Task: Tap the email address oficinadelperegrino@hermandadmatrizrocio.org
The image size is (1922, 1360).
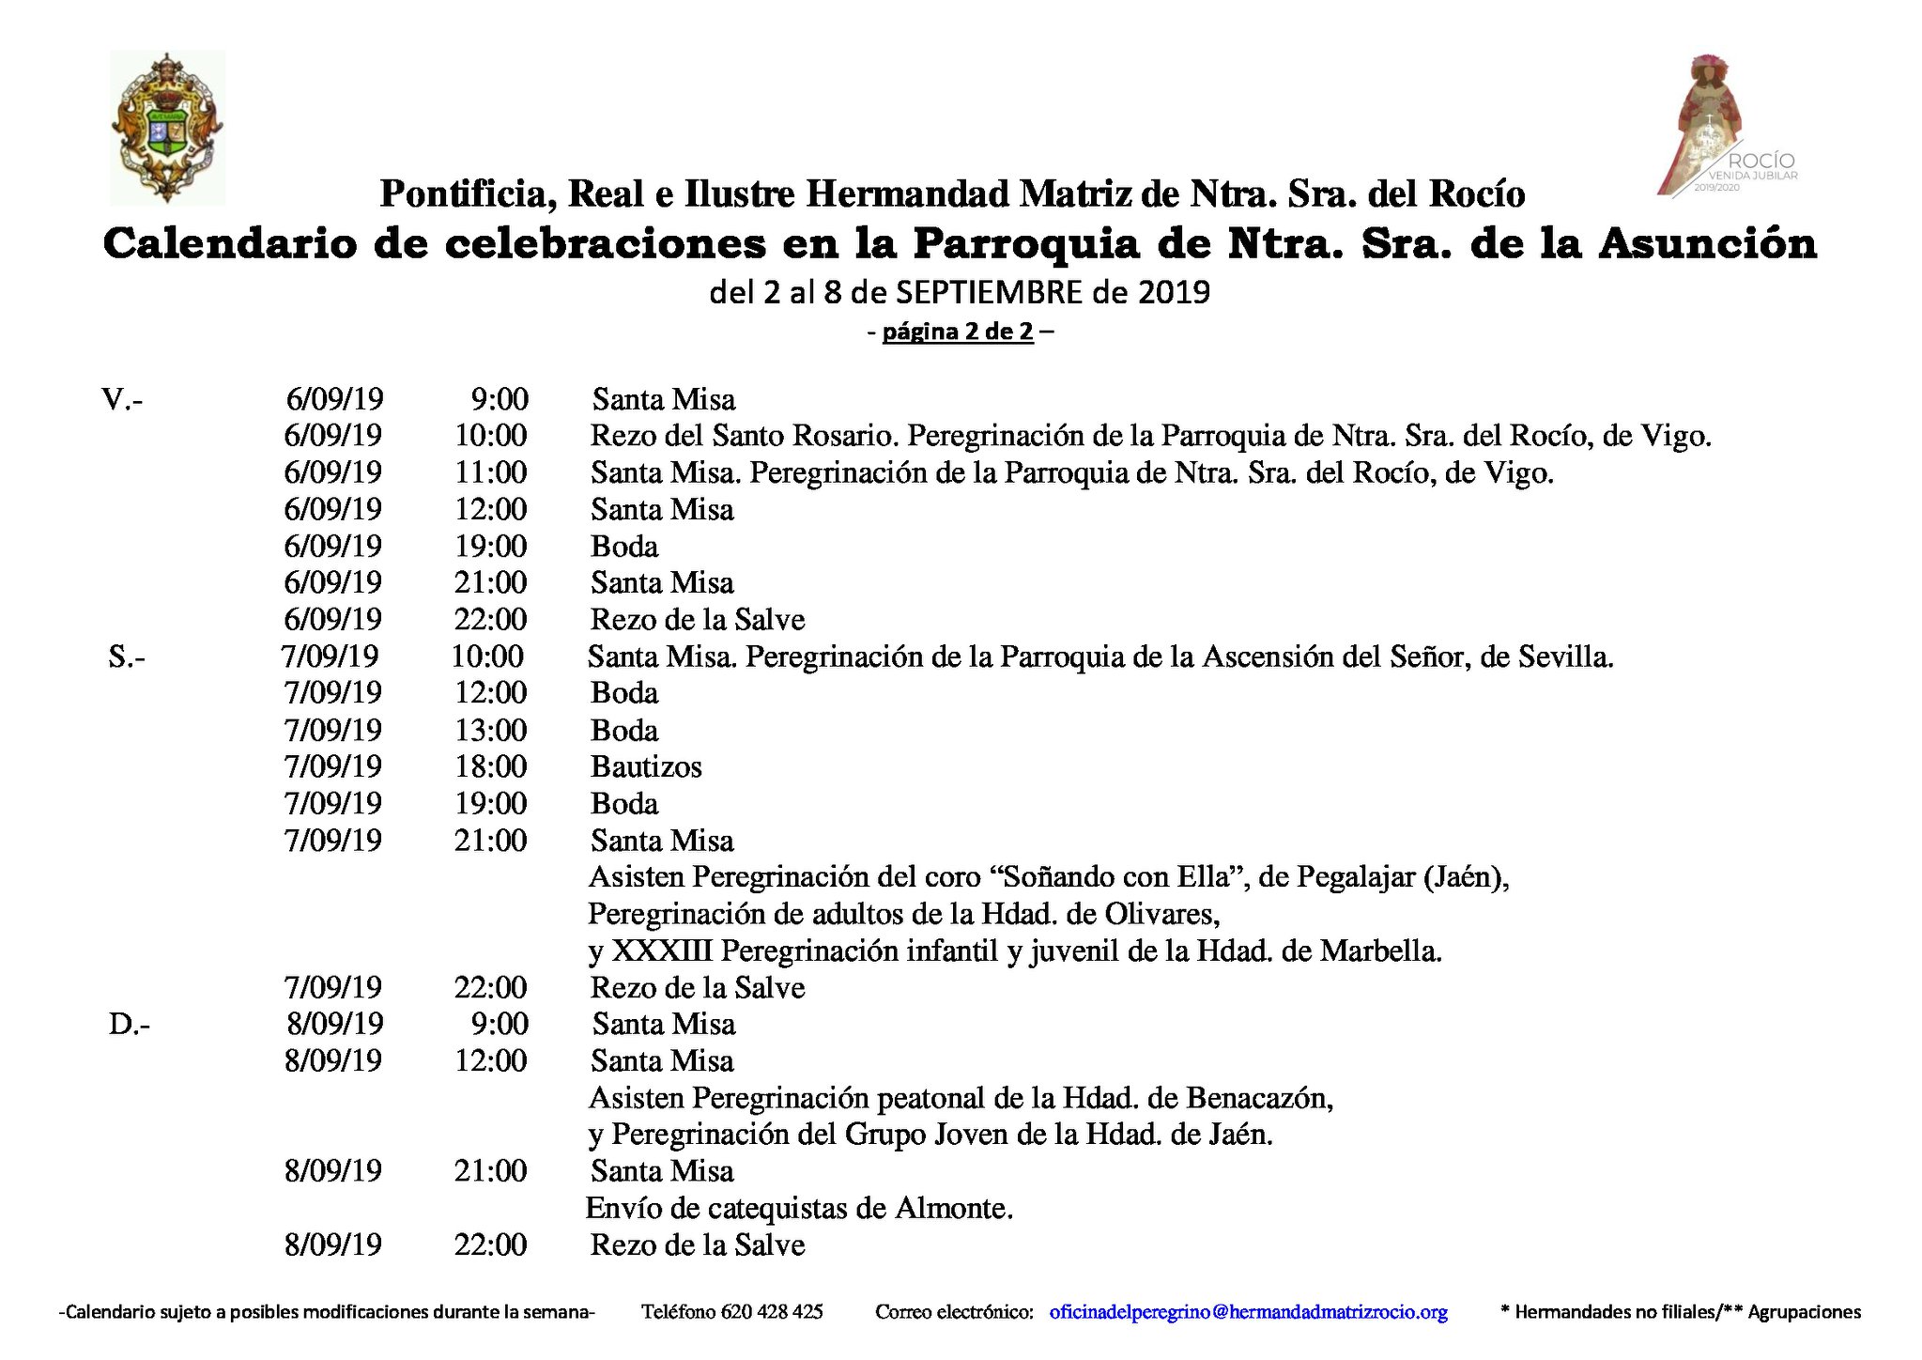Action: pyautogui.click(x=1248, y=1312)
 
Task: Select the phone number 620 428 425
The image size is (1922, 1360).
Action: pyautogui.click(x=772, y=1312)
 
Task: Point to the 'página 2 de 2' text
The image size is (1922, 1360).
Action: pyautogui.click(x=958, y=332)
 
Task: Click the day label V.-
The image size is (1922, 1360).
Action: pyautogui.click(x=122, y=400)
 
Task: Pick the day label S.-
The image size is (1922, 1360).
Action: pyautogui.click(x=126, y=657)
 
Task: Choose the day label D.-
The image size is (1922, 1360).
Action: pyautogui.click(x=129, y=1024)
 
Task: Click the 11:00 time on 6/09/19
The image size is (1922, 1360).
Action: pyautogui.click(x=490, y=472)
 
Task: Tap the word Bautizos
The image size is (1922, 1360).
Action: pyautogui.click(x=646, y=766)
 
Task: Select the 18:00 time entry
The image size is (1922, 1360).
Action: pyautogui.click(x=490, y=766)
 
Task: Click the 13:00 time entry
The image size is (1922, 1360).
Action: pyautogui.click(x=490, y=730)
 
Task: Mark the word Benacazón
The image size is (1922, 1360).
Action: pyautogui.click(x=1259, y=1097)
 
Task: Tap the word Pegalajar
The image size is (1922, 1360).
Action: pyautogui.click(x=1355, y=877)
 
